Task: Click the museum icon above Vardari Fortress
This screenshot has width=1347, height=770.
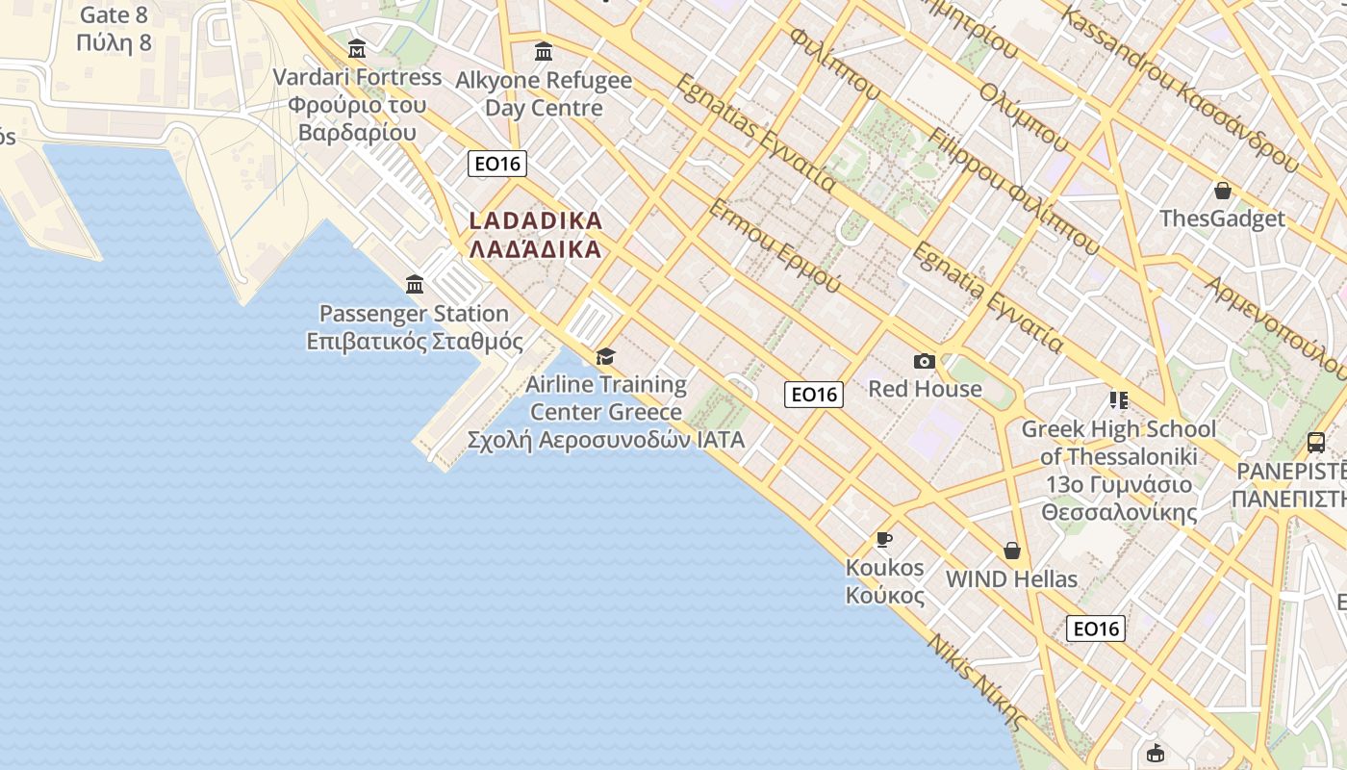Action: pyautogui.click(x=357, y=48)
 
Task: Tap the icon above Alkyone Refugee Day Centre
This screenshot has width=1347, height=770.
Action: pyautogui.click(x=543, y=51)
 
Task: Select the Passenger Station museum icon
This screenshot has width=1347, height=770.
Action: pyautogui.click(x=415, y=284)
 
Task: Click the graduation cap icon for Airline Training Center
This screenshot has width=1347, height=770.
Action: pyautogui.click(x=605, y=356)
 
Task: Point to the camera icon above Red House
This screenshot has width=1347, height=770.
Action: pyautogui.click(x=925, y=361)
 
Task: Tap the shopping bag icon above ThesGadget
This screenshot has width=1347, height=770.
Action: pyautogui.click(x=1222, y=191)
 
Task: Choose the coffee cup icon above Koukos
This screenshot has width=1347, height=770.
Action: pyautogui.click(x=884, y=539)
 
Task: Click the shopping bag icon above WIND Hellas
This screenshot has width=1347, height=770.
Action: pyautogui.click(x=1011, y=551)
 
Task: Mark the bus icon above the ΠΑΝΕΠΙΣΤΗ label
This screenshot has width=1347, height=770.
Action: pyautogui.click(x=1315, y=443)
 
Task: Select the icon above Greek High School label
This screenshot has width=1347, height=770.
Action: pyautogui.click(x=1118, y=399)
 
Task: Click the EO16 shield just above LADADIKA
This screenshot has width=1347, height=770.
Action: pyautogui.click(x=497, y=164)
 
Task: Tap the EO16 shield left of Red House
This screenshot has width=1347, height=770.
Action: pyautogui.click(x=813, y=395)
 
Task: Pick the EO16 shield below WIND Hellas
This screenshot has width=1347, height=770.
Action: pyautogui.click(x=1095, y=629)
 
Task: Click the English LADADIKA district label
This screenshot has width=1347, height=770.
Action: pyautogui.click(x=536, y=220)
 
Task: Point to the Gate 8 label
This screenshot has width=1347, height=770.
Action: pyautogui.click(x=114, y=15)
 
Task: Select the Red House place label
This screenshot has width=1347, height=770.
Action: pyautogui.click(x=925, y=389)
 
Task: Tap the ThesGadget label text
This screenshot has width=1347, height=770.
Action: pyautogui.click(x=1222, y=218)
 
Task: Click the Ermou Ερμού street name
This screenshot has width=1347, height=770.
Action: pyautogui.click(x=775, y=246)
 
